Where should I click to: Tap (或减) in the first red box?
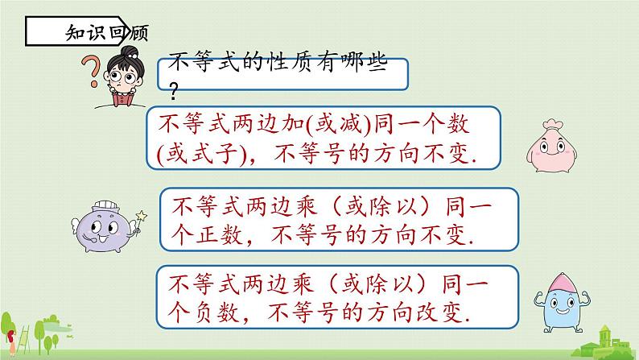tap(340, 126)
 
